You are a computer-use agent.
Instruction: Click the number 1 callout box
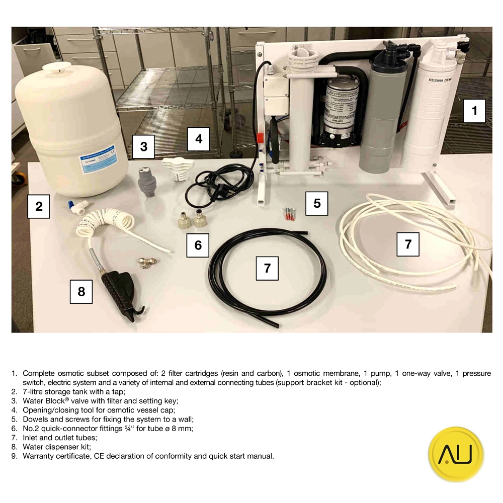pyautogui.click(x=474, y=111)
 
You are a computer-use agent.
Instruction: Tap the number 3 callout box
pyautogui.click(x=143, y=146)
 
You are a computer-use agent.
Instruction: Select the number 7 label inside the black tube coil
pyautogui.click(x=267, y=268)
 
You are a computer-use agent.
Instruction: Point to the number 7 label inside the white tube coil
pyautogui.click(x=408, y=244)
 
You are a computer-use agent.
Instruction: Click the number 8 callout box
pyautogui.click(x=81, y=291)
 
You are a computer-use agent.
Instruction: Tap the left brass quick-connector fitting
pyautogui.click(x=182, y=220)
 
